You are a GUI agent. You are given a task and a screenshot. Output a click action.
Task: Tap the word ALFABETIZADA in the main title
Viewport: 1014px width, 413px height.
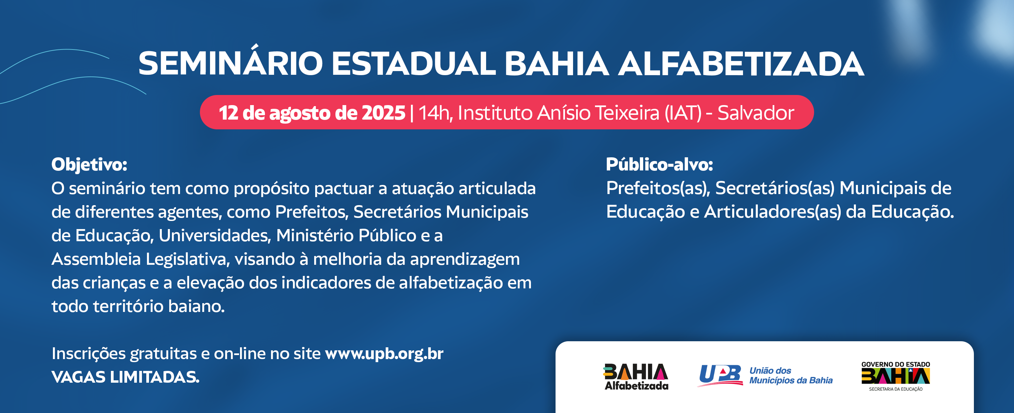(x=741, y=64)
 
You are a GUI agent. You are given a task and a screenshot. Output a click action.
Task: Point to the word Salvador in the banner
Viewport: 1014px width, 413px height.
(x=756, y=113)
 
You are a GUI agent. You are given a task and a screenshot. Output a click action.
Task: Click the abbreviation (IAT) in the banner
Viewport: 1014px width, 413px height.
(x=683, y=113)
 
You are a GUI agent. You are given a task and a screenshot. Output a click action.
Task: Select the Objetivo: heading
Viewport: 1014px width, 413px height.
(x=89, y=165)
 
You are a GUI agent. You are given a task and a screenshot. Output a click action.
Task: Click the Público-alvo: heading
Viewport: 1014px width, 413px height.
(x=659, y=164)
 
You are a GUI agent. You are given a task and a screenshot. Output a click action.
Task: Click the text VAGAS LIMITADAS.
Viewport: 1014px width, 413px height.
(x=125, y=377)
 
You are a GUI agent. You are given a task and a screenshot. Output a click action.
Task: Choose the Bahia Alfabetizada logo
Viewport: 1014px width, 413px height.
(x=636, y=376)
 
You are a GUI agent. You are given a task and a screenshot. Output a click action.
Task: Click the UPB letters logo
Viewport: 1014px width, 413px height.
(x=720, y=375)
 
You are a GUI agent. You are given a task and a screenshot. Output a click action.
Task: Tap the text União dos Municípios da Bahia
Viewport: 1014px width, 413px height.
(x=791, y=376)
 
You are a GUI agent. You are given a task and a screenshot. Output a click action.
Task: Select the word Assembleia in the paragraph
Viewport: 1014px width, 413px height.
(x=96, y=259)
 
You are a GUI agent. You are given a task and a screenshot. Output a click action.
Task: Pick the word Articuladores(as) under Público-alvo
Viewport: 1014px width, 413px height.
(x=772, y=212)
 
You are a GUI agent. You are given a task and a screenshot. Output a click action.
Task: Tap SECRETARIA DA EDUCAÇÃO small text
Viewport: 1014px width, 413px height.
(x=896, y=389)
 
